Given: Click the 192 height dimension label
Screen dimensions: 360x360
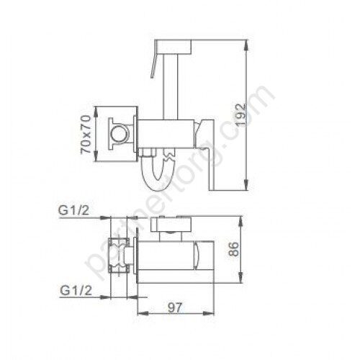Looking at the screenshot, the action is point(240,114).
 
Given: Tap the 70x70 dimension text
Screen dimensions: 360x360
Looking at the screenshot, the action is point(86,135).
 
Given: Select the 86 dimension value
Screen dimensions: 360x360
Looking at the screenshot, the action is point(233,249).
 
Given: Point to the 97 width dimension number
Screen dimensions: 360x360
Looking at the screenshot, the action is point(175,308).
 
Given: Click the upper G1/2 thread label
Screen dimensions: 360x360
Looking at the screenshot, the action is point(74,210).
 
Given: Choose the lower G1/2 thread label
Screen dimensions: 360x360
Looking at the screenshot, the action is point(76,291).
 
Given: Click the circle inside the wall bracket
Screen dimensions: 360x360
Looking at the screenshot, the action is point(118,134).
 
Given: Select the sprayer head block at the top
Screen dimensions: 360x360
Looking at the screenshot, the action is point(173,47).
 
